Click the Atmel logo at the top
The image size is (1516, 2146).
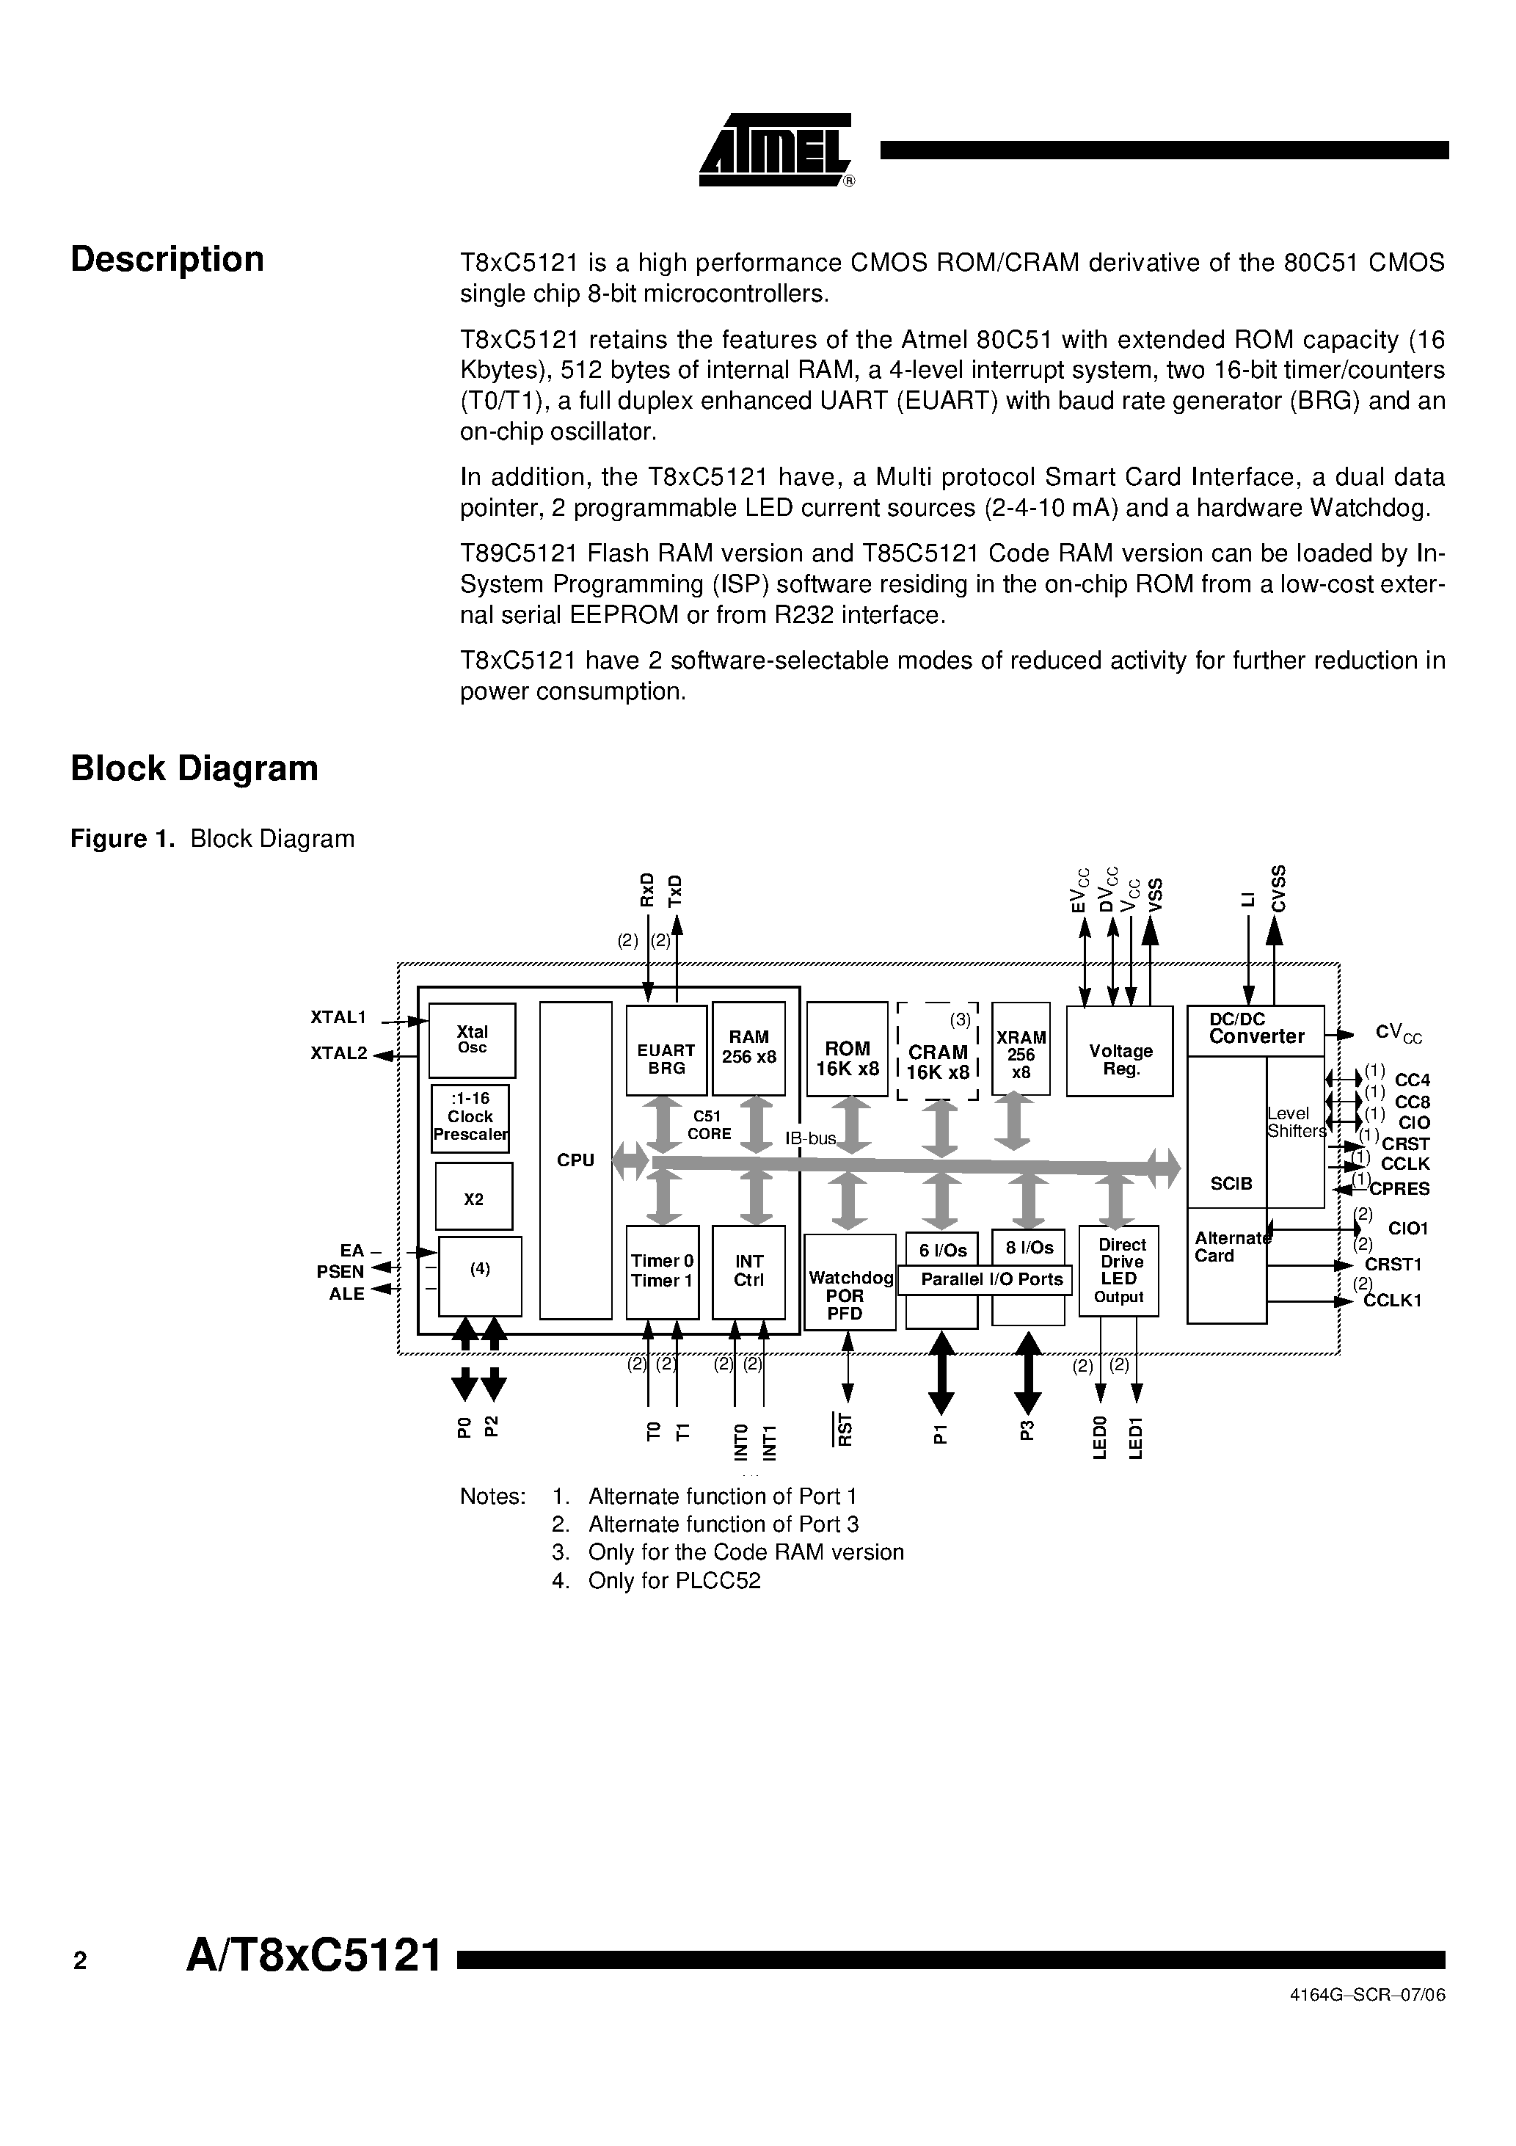pyautogui.click(x=775, y=150)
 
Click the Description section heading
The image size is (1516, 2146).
pyautogui.click(x=167, y=260)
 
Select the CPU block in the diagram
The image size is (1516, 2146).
pyautogui.click(x=576, y=1160)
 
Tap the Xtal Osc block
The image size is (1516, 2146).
pyautogui.click(x=472, y=1039)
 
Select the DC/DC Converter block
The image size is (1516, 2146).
pyautogui.click(x=1256, y=1030)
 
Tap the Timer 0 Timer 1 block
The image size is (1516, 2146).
pyautogui.click(x=662, y=1270)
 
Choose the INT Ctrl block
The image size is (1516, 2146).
pyautogui.click(x=748, y=1270)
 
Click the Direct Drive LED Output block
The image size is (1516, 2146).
pyautogui.click(x=1120, y=1270)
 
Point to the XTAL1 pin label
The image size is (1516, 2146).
pyautogui.click(x=338, y=1017)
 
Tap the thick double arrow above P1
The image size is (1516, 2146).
pyautogui.click(x=941, y=1372)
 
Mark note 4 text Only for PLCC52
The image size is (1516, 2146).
pyautogui.click(x=674, y=1581)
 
